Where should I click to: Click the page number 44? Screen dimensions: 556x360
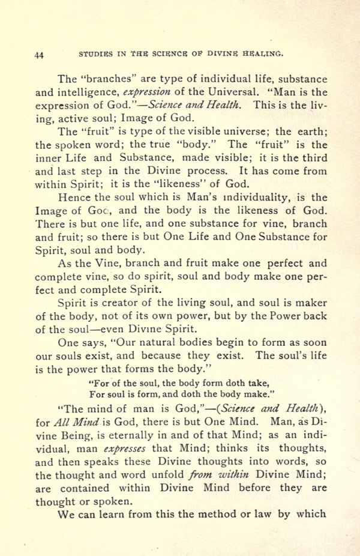point(39,55)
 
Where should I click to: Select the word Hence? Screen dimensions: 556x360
point(73,197)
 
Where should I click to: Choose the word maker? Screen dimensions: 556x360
point(311,302)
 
